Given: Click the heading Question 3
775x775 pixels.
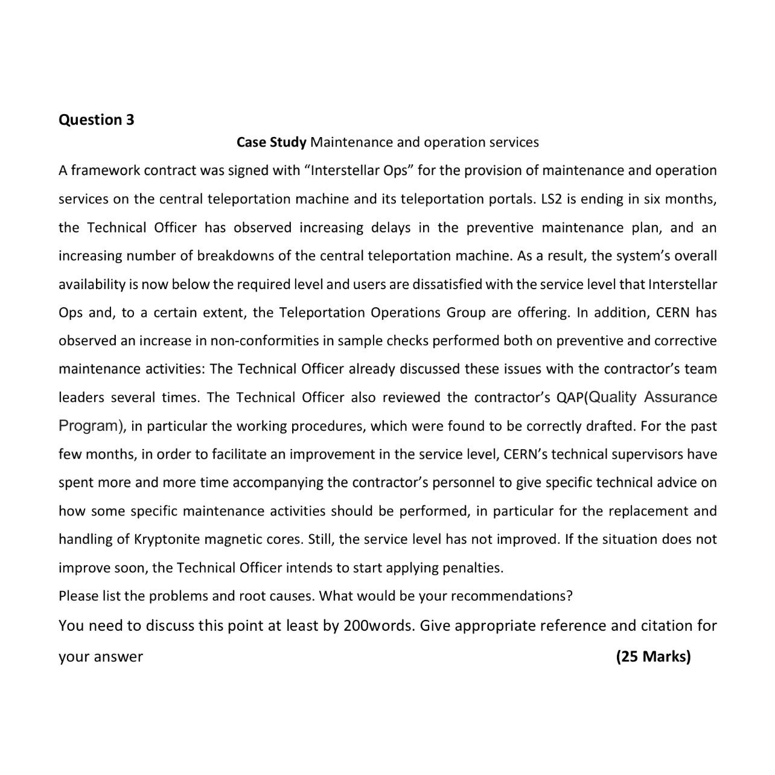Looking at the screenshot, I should pyautogui.click(x=96, y=120).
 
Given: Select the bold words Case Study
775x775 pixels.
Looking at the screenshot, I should pyautogui.click(x=271, y=142).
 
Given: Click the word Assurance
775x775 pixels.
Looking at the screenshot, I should pyautogui.click(x=680, y=397).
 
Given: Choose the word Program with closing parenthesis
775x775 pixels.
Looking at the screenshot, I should pyautogui.click(x=92, y=426).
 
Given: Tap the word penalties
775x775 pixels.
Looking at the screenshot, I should pyautogui.click(x=473, y=568).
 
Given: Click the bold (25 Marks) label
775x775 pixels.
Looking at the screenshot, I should pyautogui.click(x=653, y=657).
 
